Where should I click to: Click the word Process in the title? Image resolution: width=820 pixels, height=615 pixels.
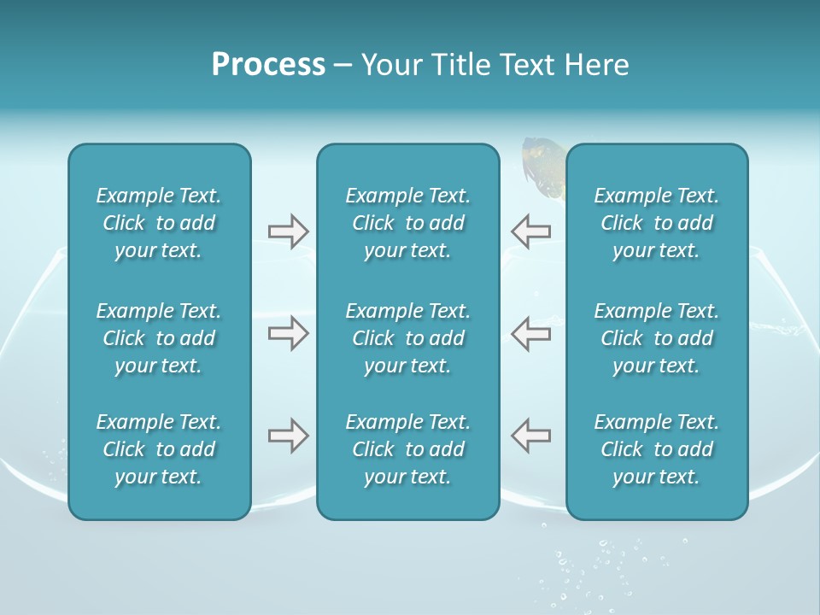click(268, 65)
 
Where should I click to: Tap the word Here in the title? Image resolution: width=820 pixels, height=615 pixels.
click(596, 65)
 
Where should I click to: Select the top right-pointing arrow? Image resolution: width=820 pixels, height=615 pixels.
click(288, 231)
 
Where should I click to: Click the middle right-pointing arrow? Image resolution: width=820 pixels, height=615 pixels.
click(288, 333)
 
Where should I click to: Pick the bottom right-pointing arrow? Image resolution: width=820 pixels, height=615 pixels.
click(288, 436)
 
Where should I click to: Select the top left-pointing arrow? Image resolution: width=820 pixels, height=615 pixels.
click(530, 231)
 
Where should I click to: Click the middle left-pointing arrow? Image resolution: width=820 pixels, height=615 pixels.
click(530, 333)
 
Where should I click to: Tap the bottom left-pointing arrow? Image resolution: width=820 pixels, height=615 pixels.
click(530, 436)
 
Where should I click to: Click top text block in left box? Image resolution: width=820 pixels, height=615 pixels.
click(159, 223)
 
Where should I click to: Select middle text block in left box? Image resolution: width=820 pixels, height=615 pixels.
click(159, 338)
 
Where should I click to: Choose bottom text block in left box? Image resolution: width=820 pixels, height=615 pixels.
click(159, 449)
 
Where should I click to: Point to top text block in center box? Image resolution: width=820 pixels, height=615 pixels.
click(407, 223)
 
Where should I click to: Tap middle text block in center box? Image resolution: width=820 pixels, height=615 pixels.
click(407, 338)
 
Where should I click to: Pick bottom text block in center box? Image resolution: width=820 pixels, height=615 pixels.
click(407, 449)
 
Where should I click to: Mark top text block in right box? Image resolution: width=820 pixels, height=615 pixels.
click(656, 223)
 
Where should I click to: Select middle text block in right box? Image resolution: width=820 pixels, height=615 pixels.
click(656, 338)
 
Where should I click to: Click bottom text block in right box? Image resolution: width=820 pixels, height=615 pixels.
click(656, 449)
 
